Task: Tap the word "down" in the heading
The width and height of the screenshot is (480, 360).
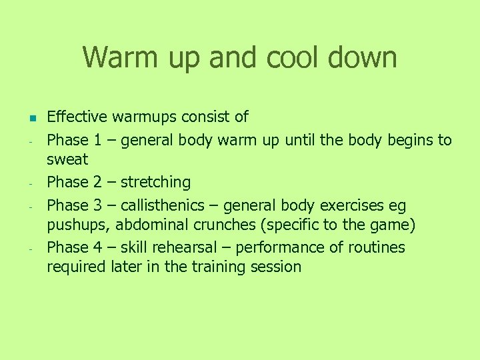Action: pyautogui.click(x=364, y=57)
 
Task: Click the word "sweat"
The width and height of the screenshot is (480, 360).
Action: pyautogui.click(x=67, y=160)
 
